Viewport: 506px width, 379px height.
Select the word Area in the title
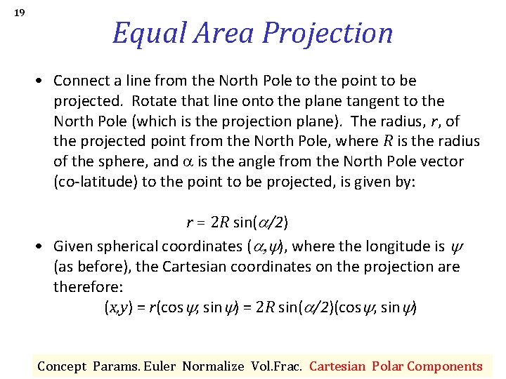point(226,33)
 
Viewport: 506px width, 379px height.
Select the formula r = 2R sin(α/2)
point(237,222)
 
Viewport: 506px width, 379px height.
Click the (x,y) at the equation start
point(117,307)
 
